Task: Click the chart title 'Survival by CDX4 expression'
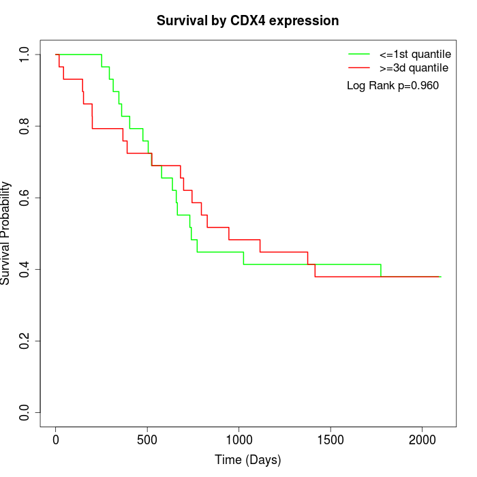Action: pos(247,21)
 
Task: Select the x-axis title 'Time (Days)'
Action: pos(247,460)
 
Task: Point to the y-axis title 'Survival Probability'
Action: pos(6,233)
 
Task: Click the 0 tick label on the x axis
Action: pos(56,440)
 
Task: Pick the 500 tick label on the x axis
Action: pos(147,440)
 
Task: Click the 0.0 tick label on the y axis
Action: pos(25,412)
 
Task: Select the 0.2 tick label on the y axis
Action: pos(25,341)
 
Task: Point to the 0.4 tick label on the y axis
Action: pos(25,269)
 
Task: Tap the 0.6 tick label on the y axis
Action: pos(25,198)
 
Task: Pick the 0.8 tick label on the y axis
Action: pos(25,126)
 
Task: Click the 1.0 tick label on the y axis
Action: pos(25,55)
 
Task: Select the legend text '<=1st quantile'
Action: pos(414,54)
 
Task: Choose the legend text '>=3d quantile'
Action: pos(414,68)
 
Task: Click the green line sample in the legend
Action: pos(359,54)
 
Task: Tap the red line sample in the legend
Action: pos(359,68)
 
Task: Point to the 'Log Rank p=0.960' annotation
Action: pos(393,85)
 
